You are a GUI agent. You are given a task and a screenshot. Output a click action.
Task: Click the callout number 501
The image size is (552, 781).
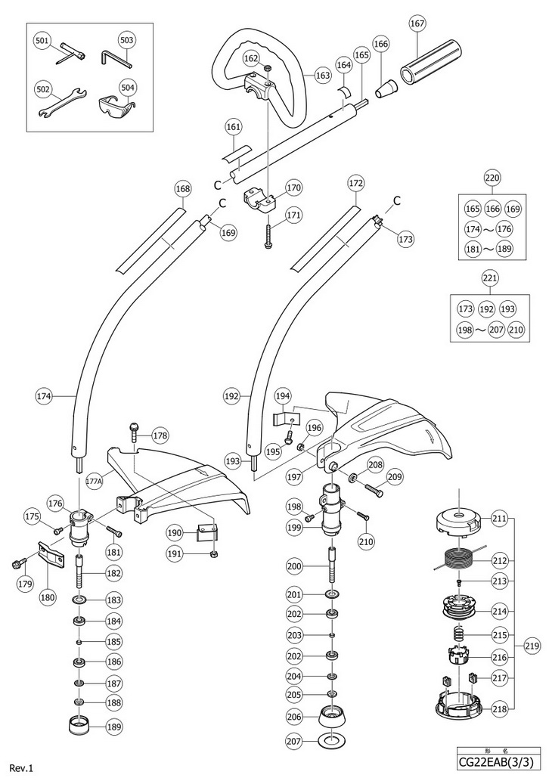tap(43, 40)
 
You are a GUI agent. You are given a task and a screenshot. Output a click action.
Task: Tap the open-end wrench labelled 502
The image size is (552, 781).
tap(62, 102)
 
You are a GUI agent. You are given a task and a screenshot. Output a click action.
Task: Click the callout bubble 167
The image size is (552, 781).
tap(417, 23)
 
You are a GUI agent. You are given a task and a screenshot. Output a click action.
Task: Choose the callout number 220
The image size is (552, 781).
tap(492, 178)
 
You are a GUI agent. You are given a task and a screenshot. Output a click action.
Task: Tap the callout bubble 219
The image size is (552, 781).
tap(532, 647)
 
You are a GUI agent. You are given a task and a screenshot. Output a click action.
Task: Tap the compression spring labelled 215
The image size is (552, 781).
tap(459, 634)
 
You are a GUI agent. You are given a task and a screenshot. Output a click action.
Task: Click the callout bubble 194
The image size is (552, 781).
tap(283, 397)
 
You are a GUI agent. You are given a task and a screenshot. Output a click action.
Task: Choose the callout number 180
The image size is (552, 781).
tap(48, 597)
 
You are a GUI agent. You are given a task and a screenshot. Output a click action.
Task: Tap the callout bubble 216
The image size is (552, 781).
tap(500, 657)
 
